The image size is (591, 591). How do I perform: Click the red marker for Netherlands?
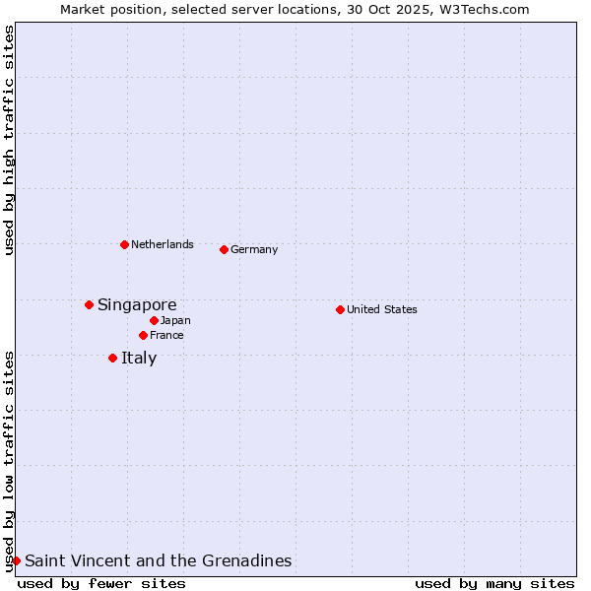pos(124,244)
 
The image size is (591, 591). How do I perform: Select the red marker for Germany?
pos(224,249)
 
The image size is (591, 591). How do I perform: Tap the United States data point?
pos(340,309)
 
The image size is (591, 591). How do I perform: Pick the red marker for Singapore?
pos(89,304)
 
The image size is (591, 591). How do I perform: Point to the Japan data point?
pos(154,320)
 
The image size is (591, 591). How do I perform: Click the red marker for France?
pos(143,335)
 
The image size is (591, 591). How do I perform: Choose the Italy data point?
pos(112,358)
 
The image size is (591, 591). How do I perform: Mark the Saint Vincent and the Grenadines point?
pos(16,560)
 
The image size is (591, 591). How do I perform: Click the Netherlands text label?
pos(163,244)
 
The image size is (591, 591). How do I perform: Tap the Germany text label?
pos(254,249)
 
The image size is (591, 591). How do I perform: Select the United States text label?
pos(382,309)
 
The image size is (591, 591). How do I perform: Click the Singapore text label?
pos(137,304)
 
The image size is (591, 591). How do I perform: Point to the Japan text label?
pos(175,320)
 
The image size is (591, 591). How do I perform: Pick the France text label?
pos(166,335)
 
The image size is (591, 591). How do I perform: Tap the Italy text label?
pos(139,358)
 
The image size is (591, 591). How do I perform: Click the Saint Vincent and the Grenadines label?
pos(158,560)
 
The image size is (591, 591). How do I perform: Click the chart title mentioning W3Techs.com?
pos(295,9)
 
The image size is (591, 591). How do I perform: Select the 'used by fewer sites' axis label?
pos(101,583)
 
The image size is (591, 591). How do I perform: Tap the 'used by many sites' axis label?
pos(494,583)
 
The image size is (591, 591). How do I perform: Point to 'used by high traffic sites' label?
pos(9,140)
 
